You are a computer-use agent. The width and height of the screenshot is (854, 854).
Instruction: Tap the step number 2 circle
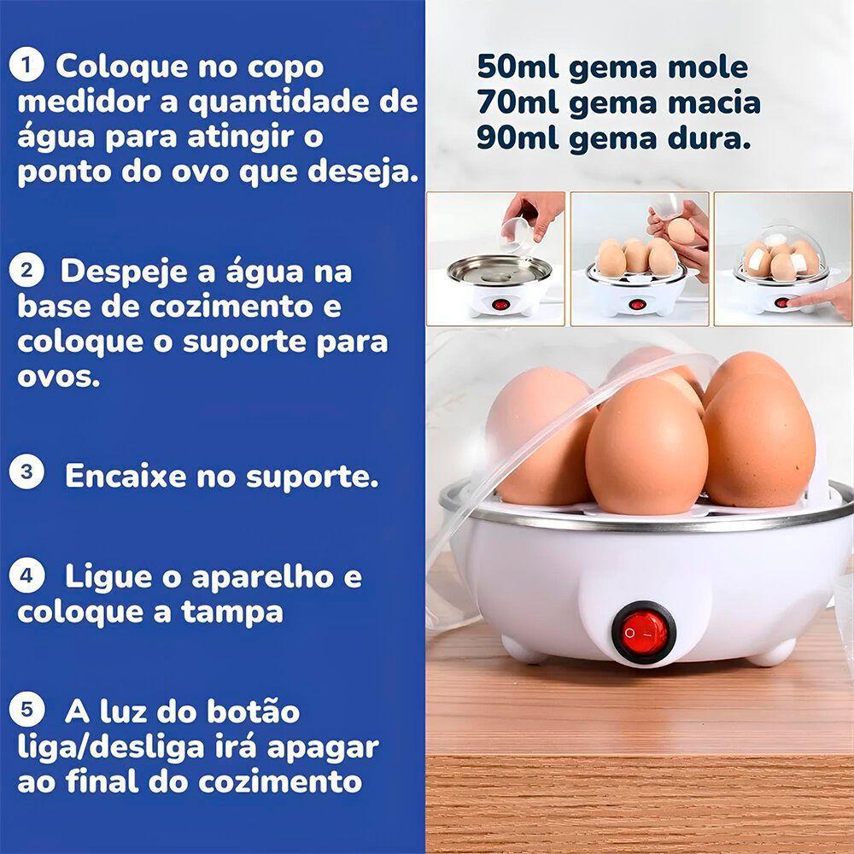pyautogui.click(x=30, y=271)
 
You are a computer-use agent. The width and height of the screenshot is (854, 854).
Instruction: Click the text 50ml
pyautogui.click(x=517, y=67)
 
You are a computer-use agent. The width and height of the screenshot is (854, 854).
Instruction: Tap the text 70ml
pyautogui.click(x=517, y=102)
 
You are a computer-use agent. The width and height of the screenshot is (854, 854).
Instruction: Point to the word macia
pyautogui.click(x=711, y=102)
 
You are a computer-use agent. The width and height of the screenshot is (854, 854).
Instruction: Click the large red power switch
pyautogui.click(x=645, y=633)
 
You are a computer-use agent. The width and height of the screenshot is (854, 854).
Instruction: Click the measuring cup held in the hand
pyautogui.click(x=519, y=228)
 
